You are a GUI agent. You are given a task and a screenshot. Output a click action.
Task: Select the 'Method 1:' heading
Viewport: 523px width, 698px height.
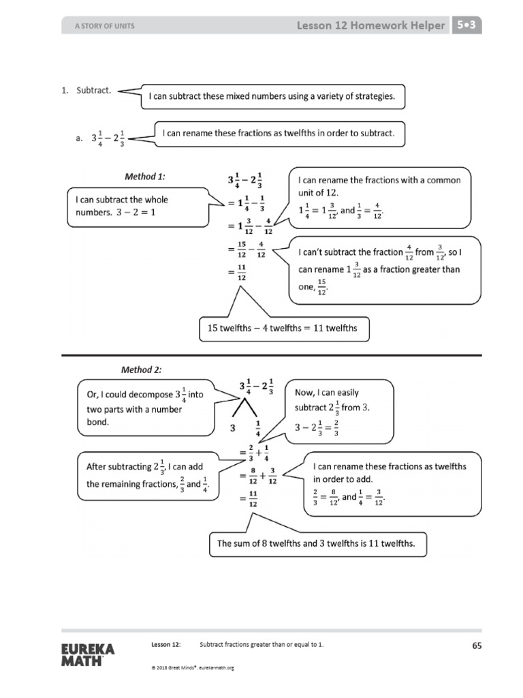[144, 176]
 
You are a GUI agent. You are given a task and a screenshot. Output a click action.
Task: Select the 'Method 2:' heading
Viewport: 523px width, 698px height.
[142, 369]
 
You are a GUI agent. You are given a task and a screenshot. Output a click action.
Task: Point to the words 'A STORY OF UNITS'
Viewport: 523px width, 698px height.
[105, 27]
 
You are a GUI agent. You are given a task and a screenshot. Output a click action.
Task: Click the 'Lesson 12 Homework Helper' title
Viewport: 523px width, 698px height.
[371, 26]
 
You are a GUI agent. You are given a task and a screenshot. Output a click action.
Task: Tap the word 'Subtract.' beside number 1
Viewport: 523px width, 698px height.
[95, 91]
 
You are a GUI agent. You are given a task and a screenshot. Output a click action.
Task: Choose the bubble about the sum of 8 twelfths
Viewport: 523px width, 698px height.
[316, 543]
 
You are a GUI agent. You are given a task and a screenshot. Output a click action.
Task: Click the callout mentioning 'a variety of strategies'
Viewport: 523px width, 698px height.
[272, 96]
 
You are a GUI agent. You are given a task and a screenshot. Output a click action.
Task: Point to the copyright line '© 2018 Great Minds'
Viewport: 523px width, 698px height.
[193, 667]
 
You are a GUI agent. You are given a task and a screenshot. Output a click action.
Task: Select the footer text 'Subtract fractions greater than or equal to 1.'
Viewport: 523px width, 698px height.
[261, 644]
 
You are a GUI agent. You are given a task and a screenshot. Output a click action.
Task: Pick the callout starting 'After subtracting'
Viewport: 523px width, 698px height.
[146, 476]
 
